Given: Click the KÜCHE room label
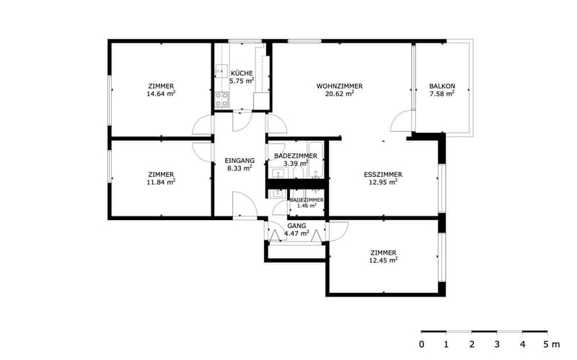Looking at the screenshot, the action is point(242,74).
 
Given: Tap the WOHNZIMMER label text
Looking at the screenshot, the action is point(340,86).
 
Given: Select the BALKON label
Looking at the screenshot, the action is point(442,86).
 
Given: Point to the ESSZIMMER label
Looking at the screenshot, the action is point(383,175).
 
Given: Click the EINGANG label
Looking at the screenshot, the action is point(239,160).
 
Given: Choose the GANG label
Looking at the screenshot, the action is point(296,226).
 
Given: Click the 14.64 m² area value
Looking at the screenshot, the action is point(161,94).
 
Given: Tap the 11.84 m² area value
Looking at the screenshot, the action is point(161,182).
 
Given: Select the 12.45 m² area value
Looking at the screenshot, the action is point(383,260).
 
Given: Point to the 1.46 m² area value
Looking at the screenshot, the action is point(307,206).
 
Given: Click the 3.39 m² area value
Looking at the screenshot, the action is point(296,163).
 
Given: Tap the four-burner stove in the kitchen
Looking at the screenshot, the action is point(221,100).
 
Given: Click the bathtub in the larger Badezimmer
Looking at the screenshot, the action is point(316,159).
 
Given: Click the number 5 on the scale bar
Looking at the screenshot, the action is point(547,345).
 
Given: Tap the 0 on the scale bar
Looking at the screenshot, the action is point(421,345).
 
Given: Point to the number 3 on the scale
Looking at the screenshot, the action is point(497,345).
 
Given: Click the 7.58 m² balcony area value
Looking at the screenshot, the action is point(442,94).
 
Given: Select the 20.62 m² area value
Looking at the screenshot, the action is point(340,94).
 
